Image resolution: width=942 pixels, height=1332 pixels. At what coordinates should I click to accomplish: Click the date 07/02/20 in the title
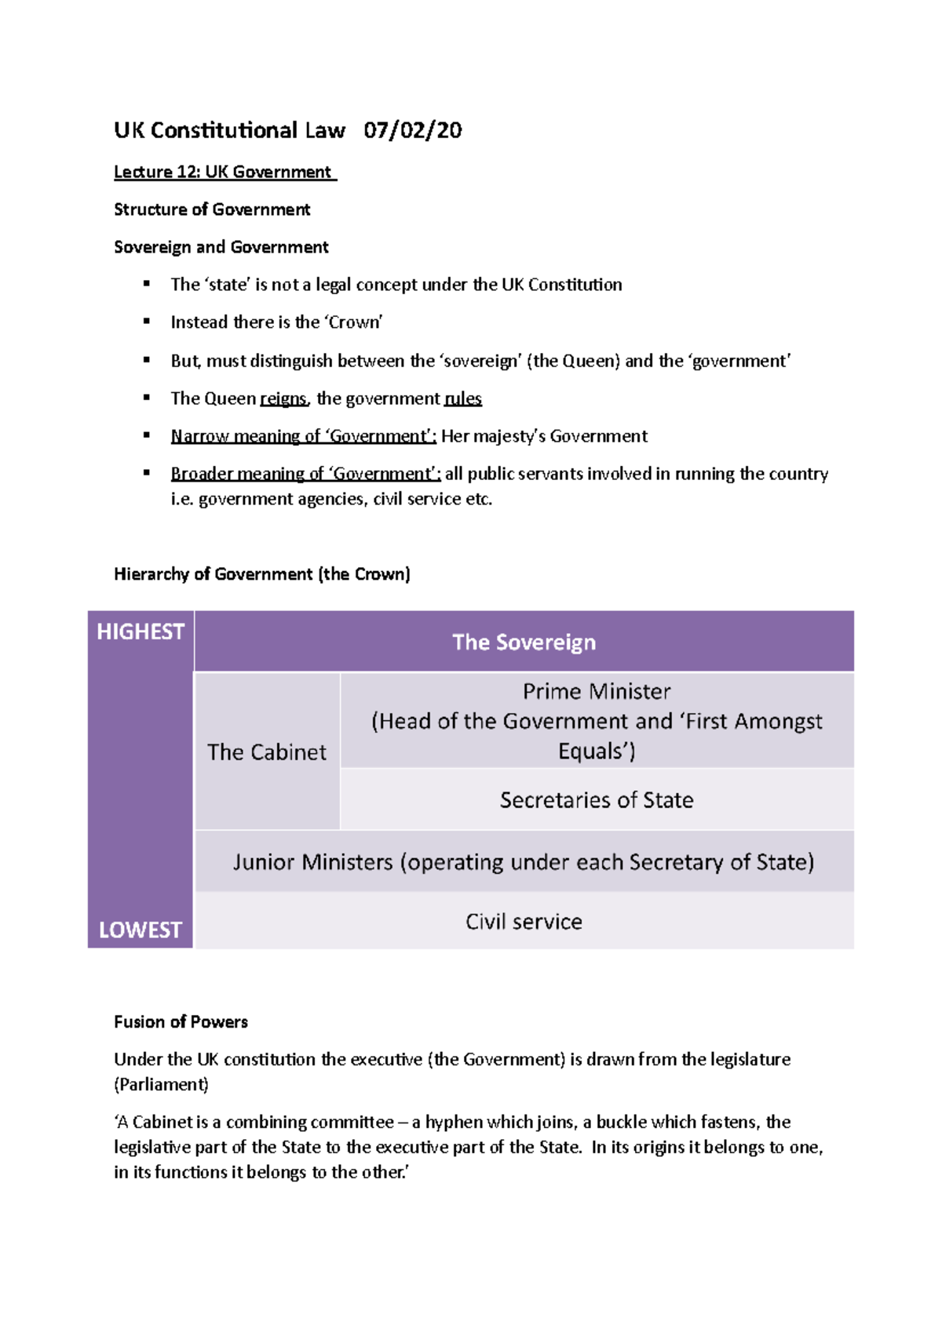click(412, 130)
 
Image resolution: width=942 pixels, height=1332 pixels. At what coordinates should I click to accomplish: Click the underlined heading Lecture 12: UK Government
click(225, 172)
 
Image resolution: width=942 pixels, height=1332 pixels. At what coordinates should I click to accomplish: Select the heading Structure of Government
click(212, 209)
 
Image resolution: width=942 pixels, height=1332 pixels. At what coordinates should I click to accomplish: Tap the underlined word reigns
click(283, 399)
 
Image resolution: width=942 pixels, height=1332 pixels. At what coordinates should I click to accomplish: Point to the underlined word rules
click(463, 399)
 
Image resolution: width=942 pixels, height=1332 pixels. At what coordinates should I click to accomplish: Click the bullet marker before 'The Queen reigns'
click(147, 398)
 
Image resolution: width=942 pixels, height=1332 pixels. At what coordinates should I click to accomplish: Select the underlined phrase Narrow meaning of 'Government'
click(303, 436)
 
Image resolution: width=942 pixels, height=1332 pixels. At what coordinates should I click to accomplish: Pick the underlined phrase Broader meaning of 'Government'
click(305, 474)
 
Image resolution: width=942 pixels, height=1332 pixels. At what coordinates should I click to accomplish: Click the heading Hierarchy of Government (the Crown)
click(261, 574)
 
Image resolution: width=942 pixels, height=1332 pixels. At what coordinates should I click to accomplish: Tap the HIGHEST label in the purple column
click(141, 631)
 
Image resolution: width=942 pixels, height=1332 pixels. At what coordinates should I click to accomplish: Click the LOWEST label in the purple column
click(141, 930)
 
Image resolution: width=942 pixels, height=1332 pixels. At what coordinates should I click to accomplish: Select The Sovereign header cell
click(524, 642)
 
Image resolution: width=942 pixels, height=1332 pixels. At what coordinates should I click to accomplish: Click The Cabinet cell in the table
click(267, 752)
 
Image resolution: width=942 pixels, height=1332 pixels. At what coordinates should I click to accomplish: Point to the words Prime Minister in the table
click(597, 692)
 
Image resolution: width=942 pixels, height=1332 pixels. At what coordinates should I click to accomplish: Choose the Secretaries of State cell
click(597, 800)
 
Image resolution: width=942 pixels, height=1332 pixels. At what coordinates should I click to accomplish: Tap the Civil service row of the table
click(524, 922)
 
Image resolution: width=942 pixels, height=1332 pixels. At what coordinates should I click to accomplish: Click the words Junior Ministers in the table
click(312, 862)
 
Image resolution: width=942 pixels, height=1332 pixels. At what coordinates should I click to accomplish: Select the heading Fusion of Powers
click(181, 1022)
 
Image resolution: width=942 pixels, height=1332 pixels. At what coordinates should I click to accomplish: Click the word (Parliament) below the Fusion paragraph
click(162, 1085)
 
